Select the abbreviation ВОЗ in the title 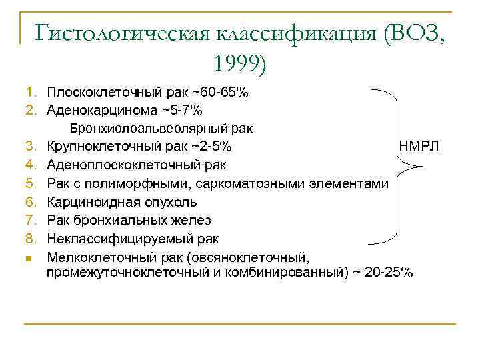[x=412, y=33]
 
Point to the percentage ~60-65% [x=221, y=92]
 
